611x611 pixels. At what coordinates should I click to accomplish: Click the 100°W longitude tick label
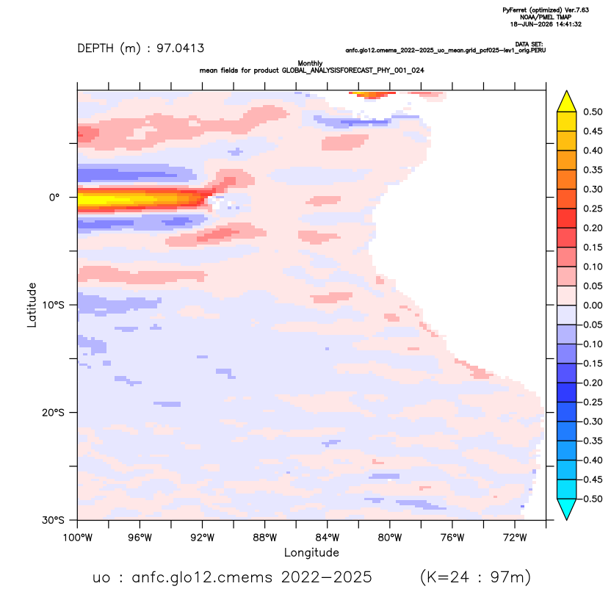click(x=78, y=538)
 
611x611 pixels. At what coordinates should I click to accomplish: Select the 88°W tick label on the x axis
click(x=264, y=538)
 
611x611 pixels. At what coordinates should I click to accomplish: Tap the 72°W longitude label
click(x=515, y=538)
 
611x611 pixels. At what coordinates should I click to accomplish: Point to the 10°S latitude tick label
click(x=53, y=305)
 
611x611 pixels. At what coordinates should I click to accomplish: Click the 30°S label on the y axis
click(x=53, y=520)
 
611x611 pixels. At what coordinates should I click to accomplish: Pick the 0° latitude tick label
click(x=54, y=198)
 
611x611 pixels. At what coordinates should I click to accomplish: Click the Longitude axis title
click(x=311, y=553)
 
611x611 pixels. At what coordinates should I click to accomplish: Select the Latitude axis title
click(x=32, y=305)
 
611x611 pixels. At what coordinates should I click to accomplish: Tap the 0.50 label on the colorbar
click(x=593, y=112)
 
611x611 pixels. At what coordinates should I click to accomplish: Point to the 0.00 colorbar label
click(x=593, y=305)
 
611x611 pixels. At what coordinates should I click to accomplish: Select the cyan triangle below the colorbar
click(x=567, y=507)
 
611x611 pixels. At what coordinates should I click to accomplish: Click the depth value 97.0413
click(x=181, y=48)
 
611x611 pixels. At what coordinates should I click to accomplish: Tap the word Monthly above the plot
click(x=310, y=63)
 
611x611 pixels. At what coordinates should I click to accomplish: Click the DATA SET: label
click(x=529, y=44)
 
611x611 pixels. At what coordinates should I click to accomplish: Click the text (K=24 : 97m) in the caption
click(x=475, y=576)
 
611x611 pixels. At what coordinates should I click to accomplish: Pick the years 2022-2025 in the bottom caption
click(x=327, y=577)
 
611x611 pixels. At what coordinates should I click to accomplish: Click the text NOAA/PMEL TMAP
click(x=546, y=17)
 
